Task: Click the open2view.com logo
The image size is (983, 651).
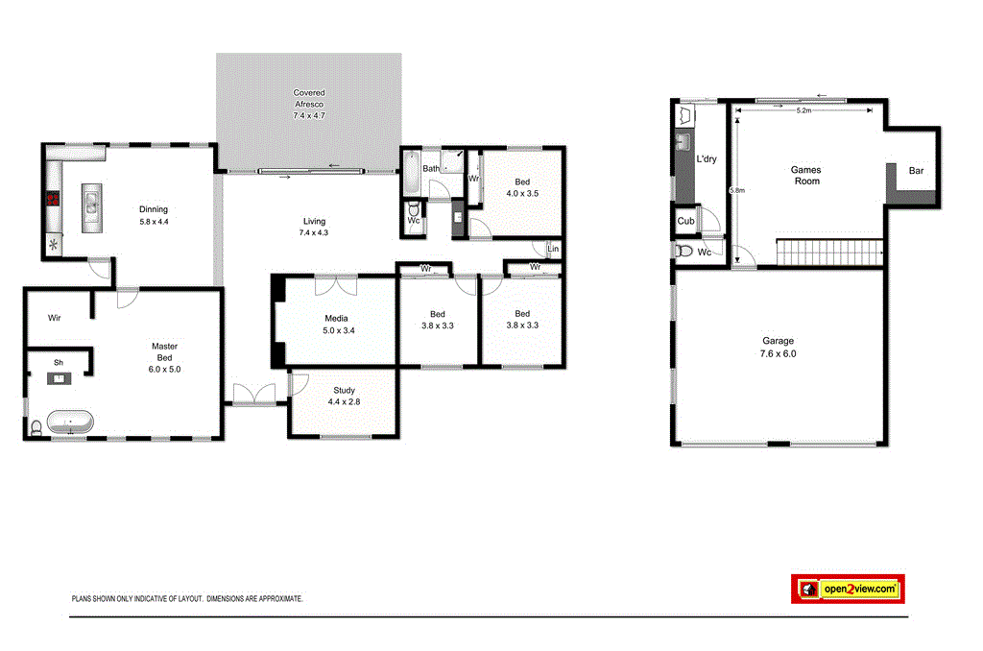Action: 848,589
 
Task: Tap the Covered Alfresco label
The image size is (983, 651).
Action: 309,104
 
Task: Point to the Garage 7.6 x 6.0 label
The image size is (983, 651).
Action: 779,347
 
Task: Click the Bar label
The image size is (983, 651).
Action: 916,171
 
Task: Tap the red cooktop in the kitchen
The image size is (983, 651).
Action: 51,200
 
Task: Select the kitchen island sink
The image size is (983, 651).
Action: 91,204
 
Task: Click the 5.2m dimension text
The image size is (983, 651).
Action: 803,111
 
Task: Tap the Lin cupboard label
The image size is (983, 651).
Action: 552,249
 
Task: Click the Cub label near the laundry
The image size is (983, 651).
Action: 685,221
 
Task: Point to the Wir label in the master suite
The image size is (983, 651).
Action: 55,317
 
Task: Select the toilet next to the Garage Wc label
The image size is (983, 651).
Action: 684,252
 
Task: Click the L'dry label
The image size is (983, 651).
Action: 707,159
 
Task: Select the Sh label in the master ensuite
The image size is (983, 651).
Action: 58,363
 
